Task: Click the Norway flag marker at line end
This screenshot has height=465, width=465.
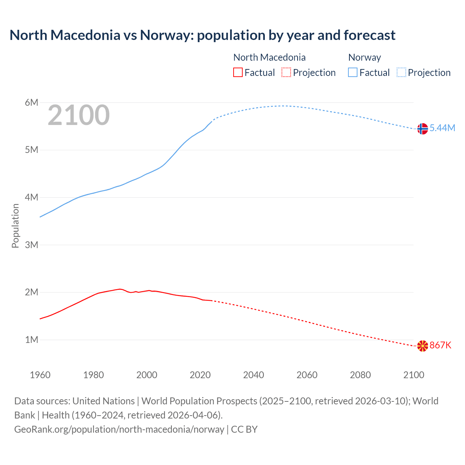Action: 422,129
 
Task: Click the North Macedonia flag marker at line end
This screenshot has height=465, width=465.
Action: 422,346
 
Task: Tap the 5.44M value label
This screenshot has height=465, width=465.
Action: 442,128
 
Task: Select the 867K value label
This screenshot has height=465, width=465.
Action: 440,345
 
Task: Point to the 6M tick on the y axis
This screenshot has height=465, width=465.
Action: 32,102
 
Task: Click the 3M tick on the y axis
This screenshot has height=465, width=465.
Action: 32,245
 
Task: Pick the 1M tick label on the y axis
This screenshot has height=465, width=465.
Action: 32,340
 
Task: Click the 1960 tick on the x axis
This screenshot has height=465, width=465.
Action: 40,375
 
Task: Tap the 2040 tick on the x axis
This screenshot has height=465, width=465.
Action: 254,375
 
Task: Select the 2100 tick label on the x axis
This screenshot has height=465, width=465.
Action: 413,375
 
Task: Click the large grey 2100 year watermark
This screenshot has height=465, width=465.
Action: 78,115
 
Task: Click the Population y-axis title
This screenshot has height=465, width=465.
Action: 15,226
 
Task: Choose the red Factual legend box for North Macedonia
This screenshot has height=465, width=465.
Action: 238,72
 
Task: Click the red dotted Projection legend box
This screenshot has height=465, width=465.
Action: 286,72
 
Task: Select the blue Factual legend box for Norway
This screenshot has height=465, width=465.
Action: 353,72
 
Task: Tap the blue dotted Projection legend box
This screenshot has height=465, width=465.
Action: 401,72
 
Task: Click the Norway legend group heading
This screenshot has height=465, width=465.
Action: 364,57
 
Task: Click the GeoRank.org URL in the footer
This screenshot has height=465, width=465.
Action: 119,429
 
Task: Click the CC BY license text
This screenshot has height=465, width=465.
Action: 244,429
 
